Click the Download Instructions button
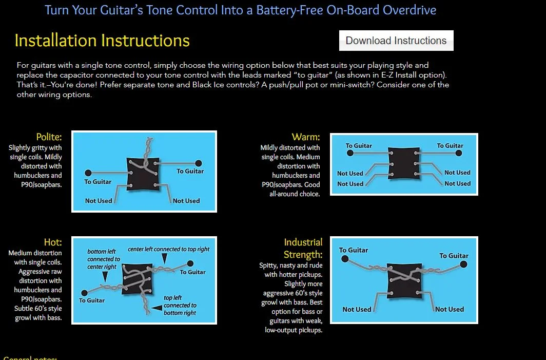[x=396, y=41]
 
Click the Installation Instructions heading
[x=102, y=41]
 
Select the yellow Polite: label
[x=49, y=137]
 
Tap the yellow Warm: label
[x=305, y=137]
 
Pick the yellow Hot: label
[x=52, y=242]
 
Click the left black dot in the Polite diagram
[x=88, y=173]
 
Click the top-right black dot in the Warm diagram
[x=459, y=153]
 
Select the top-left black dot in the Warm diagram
[x=348, y=153]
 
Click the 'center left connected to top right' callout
[x=168, y=249]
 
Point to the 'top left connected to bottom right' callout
[x=180, y=305]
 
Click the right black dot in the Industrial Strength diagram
[x=463, y=264]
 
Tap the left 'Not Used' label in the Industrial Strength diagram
[x=357, y=309]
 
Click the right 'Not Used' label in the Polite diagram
[x=186, y=201]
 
